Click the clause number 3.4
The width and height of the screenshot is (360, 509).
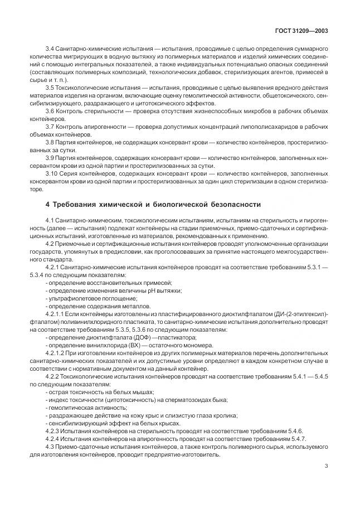tap(49, 50)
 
